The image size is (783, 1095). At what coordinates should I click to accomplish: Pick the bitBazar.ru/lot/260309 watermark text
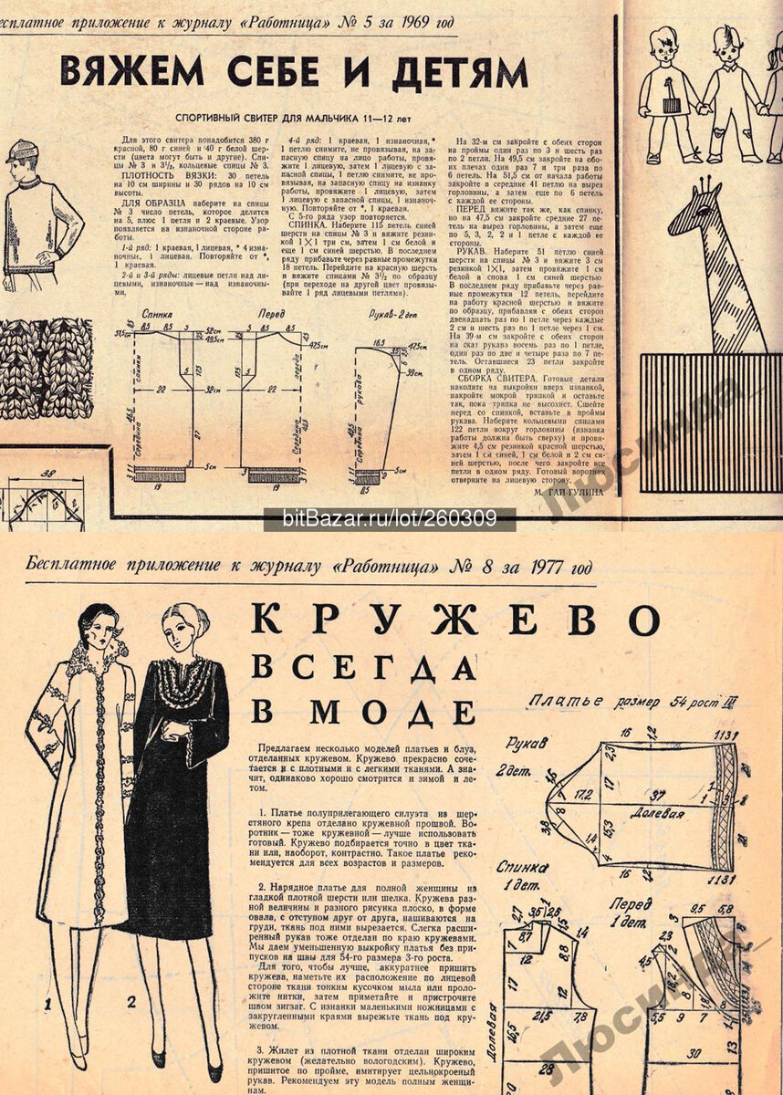click(x=391, y=520)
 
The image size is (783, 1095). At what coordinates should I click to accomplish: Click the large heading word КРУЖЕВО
click(x=454, y=621)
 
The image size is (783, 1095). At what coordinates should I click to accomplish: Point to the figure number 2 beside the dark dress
click(x=131, y=1002)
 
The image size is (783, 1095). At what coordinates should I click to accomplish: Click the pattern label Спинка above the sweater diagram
click(x=159, y=313)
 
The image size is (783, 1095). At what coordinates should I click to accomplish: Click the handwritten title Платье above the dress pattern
click(x=566, y=702)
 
